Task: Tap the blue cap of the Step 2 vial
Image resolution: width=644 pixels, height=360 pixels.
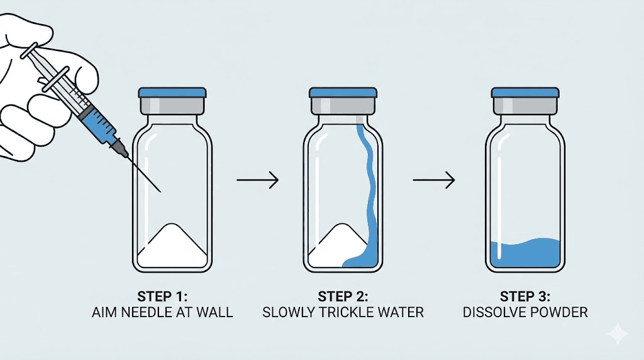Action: pos(343,93)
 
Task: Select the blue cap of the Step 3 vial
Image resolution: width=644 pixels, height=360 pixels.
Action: pos(525,93)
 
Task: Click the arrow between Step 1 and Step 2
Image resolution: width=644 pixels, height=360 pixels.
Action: pos(257,181)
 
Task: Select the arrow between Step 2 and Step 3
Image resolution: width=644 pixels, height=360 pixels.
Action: pos(433,181)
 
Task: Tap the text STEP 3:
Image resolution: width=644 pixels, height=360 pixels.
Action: pos(525,296)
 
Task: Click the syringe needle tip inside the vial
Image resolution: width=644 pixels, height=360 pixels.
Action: pos(161,190)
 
